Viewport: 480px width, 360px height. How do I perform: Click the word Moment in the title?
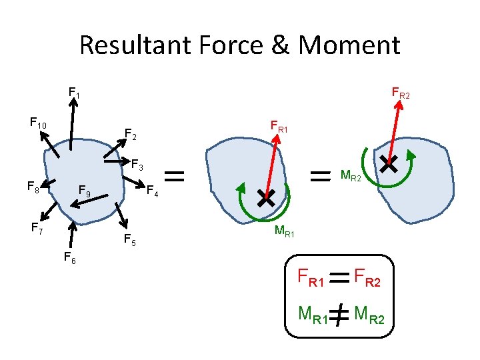[x=350, y=45]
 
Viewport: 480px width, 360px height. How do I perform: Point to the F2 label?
[x=131, y=136]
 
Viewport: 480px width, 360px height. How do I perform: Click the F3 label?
[x=137, y=163]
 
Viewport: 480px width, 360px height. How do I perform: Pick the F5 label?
[x=130, y=241]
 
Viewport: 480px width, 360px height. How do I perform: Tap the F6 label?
[x=69, y=258]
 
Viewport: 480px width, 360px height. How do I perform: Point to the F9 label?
[x=85, y=192]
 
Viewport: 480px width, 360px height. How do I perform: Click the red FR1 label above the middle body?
[x=279, y=126]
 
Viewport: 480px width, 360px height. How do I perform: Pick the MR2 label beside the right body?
[x=351, y=177]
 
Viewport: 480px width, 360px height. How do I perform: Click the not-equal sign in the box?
[x=339, y=313]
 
